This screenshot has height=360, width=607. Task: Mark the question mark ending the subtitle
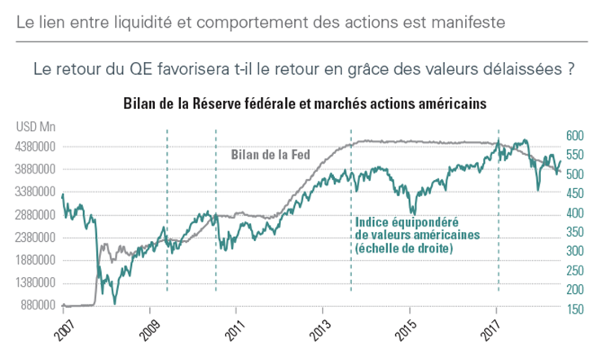click(569, 69)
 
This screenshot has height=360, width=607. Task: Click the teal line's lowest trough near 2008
click(115, 303)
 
